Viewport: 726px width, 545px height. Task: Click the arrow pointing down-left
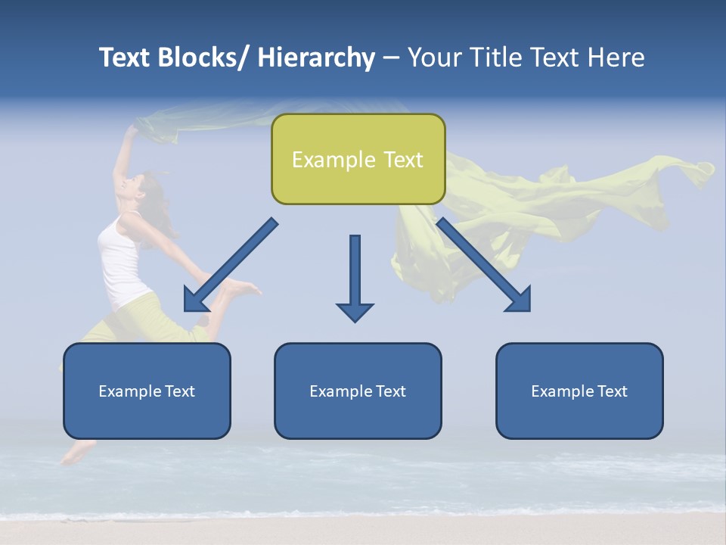pos(231,266)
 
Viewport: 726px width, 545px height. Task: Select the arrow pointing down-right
pos(484,265)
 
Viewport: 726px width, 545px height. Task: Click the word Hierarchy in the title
pos(316,58)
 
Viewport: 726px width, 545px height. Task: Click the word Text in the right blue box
pos(611,391)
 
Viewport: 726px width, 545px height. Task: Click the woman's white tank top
pos(121,261)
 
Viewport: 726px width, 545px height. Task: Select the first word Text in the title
pos(126,58)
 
